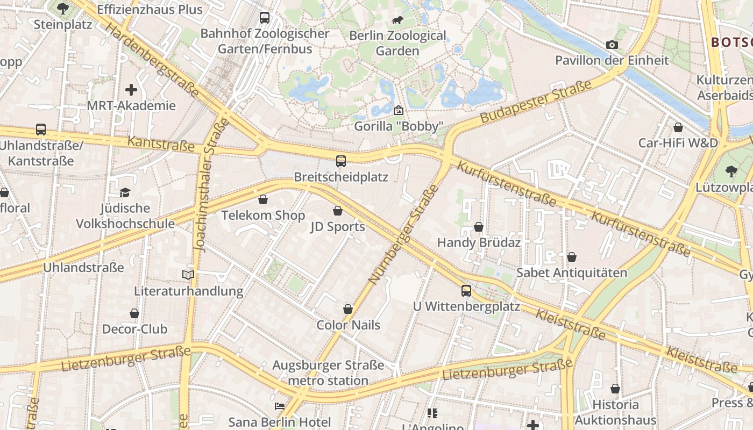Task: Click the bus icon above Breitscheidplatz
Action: (x=340, y=161)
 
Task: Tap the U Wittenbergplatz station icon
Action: (x=466, y=291)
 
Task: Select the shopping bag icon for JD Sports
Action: (x=338, y=211)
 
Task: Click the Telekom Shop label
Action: (x=264, y=216)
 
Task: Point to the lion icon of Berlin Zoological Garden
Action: (x=397, y=20)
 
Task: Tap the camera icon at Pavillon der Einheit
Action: (x=612, y=45)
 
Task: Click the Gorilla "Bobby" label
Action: (x=399, y=127)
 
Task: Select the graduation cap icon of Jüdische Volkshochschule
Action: (x=125, y=192)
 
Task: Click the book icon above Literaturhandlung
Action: (x=188, y=275)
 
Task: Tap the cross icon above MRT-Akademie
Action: (x=131, y=90)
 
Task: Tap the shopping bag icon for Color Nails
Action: (x=348, y=310)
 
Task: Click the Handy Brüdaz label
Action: (x=479, y=242)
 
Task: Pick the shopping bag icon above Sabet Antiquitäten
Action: (x=572, y=257)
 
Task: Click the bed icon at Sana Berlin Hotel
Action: (x=279, y=406)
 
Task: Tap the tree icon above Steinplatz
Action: (x=63, y=9)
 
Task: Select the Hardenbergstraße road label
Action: (x=153, y=59)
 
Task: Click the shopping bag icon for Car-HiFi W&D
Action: (x=678, y=127)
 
